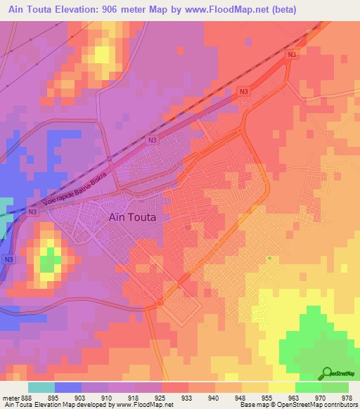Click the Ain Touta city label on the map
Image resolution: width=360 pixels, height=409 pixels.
coord(133,217)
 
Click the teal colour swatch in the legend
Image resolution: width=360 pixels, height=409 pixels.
coord(41,387)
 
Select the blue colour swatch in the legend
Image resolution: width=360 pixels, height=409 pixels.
coord(67,387)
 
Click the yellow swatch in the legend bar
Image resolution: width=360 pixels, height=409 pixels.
coord(281,387)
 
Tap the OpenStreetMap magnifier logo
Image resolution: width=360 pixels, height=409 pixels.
coord(326,373)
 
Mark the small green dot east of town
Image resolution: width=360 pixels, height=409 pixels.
coord(269,258)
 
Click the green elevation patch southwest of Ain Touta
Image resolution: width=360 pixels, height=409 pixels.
coord(49,263)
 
